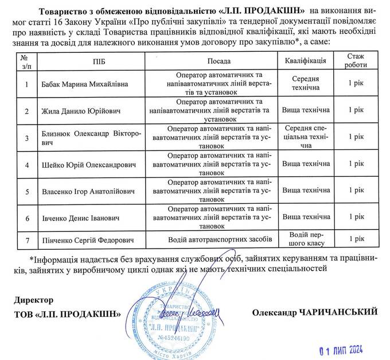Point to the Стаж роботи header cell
[x=356, y=61]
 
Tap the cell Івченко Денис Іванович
[x=80, y=218]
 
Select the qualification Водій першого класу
[x=305, y=239]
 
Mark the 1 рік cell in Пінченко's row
[x=356, y=239]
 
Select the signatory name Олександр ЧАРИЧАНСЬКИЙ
[x=314, y=311]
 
